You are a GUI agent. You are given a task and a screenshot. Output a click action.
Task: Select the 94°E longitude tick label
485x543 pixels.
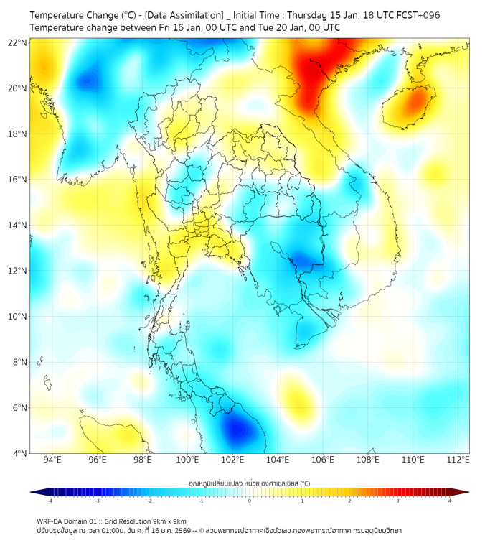click(52, 460)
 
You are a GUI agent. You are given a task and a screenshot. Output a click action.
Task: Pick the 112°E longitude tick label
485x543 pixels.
click(458, 460)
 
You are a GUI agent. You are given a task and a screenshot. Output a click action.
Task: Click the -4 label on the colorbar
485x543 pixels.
click(49, 501)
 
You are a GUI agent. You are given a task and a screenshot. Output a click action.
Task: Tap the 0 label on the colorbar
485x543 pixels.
click(250, 501)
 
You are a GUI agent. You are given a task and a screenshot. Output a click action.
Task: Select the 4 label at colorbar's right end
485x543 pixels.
click(450, 501)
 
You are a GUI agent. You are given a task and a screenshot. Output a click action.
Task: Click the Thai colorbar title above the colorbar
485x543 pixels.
click(249, 483)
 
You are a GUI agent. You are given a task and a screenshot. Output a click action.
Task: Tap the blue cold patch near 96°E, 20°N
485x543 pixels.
click(88, 80)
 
